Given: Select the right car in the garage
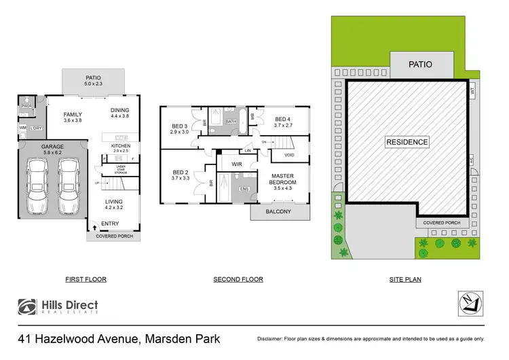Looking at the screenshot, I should (69, 187).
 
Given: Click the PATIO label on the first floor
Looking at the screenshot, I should (93, 77).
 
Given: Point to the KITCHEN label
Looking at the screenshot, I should (121, 145).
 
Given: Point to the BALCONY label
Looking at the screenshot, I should (279, 211).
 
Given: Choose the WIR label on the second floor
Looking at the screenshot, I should (237, 164).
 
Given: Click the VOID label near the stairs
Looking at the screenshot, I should (290, 156).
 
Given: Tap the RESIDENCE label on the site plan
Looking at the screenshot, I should (407, 142).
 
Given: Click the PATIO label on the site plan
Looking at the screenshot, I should (421, 65).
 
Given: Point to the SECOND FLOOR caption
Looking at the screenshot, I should (238, 279).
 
